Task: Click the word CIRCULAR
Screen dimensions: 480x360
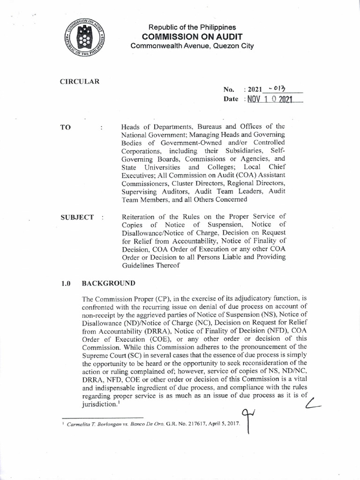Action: click(80, 81)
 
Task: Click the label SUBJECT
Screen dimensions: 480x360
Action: click(77, 217)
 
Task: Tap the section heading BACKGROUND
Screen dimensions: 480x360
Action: click(109, 284)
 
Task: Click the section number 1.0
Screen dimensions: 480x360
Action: click(66, 284)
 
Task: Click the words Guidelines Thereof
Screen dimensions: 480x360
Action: click(146, 265)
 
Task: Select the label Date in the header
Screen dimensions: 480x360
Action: click(232, 100)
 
